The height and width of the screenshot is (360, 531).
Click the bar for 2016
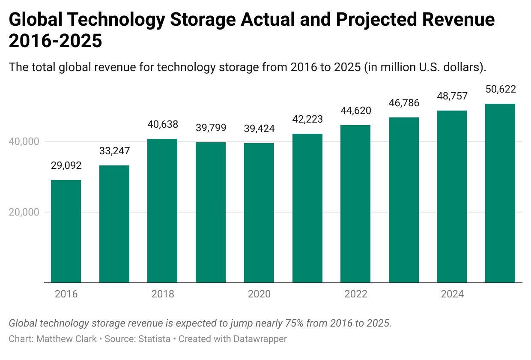tap(66, 231)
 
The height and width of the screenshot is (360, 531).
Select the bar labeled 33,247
tap(114, 224)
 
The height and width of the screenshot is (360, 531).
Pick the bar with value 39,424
tap(259, 213)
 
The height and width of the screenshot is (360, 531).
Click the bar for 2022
tap(355, 204)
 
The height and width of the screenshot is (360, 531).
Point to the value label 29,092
tap(66, 165)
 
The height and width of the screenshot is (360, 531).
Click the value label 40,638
tap(162, 124)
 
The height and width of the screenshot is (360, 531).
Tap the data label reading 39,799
tap(211, 128)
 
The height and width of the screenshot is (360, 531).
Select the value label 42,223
tap(307, 119)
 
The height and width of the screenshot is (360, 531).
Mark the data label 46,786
tap(404, 103)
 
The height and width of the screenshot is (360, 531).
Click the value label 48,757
tap(452, 96)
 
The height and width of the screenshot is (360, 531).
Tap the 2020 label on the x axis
tap(259, 294)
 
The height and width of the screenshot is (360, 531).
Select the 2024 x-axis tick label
tap(452, 294)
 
